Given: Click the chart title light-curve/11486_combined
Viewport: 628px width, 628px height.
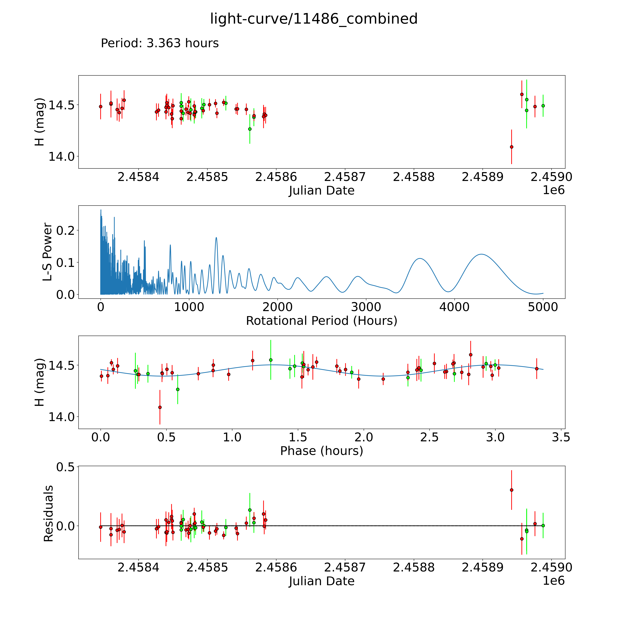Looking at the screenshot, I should tap(314, 19).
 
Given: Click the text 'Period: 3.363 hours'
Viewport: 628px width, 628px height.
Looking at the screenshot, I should tap(160, 43).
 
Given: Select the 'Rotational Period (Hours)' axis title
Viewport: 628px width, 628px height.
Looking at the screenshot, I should tap(321, 321).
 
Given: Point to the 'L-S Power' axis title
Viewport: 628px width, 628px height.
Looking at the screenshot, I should tap(47, 252).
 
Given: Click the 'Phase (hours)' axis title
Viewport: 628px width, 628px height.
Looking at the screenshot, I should tap(321, 451).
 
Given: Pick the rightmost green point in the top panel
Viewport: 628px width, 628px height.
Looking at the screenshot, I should tap(543, 106).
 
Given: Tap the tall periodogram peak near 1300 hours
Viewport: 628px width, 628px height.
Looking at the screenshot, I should tap(216, 238).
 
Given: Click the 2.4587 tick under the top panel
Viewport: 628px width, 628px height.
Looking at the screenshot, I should tap(345, 177).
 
